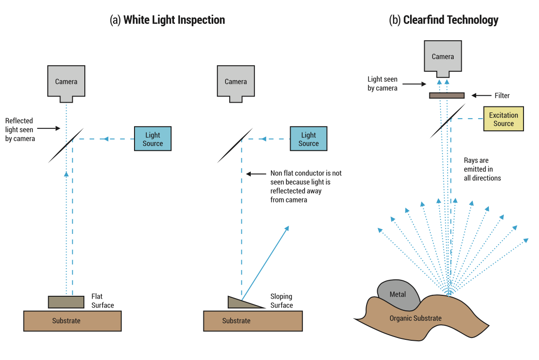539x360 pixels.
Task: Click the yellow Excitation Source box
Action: tap(503, 119)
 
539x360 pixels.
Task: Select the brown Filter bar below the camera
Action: tap(447, 96)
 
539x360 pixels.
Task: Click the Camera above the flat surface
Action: tap(66, 82)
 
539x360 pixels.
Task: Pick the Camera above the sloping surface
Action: tap(235, 82)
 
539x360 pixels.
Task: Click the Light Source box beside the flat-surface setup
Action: tap(152, 139)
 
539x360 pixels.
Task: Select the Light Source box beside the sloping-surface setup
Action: tap(308, 139)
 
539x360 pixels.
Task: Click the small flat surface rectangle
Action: tap(66, 302)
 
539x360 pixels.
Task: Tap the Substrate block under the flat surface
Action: tap(72, 321)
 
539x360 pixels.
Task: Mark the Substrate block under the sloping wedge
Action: tap(252, 321)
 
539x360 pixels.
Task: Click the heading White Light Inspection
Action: tap(167, 20)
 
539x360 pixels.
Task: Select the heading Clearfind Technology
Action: tap(443, 20)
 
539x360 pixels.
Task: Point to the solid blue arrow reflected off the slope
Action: tap(265, 263)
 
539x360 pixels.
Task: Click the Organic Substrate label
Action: tap(415, 318)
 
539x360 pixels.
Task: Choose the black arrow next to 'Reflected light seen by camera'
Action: tap(48, 127)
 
